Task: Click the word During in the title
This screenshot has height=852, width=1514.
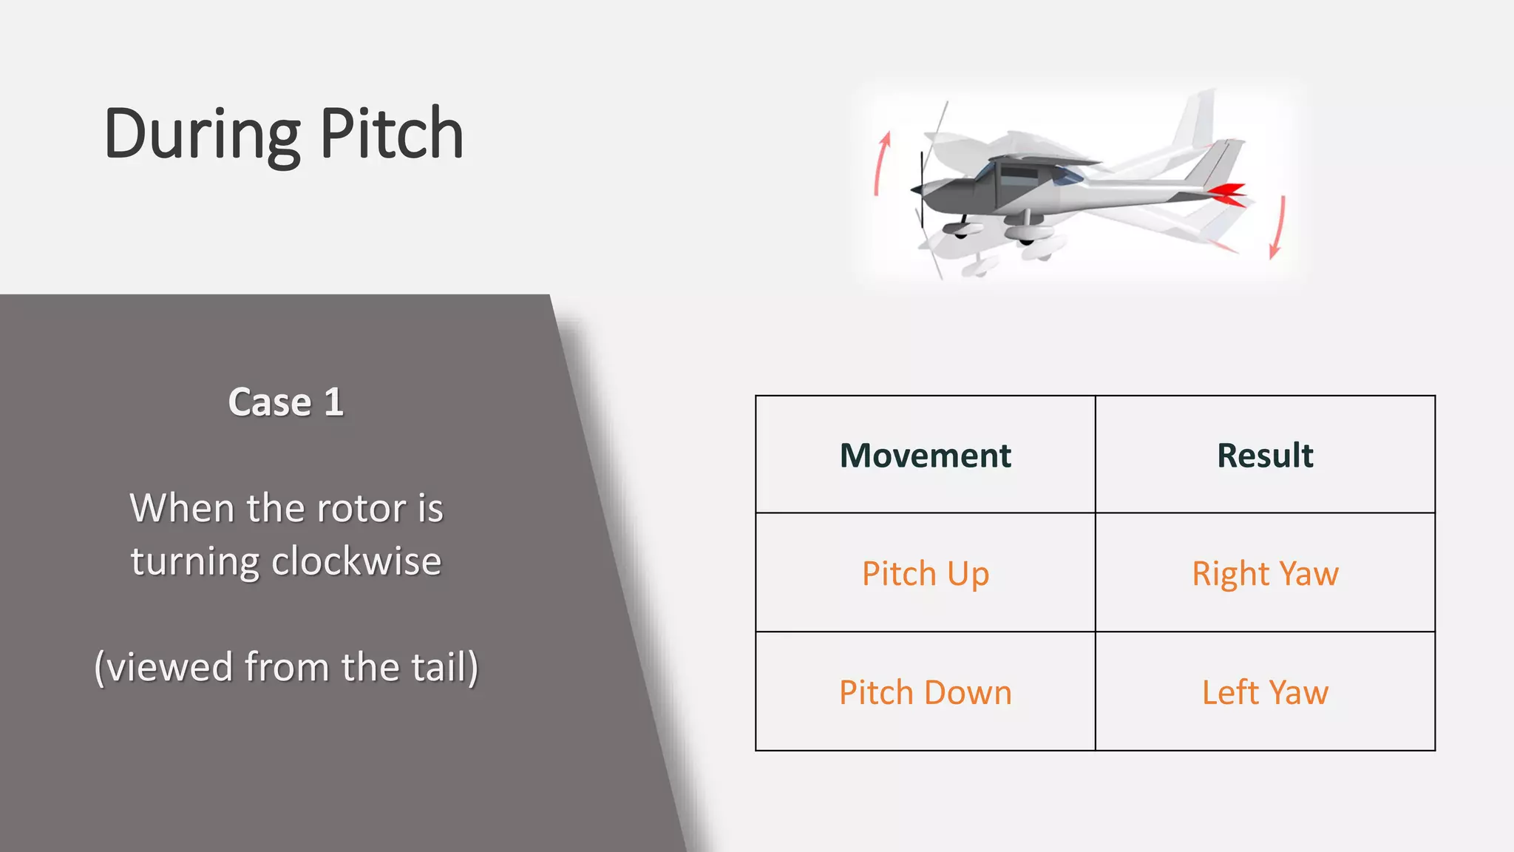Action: pos(201,135)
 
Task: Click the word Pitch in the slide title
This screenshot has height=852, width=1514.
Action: pos(392,135)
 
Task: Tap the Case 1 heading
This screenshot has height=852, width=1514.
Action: pos(286,402)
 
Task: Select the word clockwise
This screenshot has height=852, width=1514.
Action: pos(356,561)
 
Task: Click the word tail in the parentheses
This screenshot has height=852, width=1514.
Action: pos(439,667)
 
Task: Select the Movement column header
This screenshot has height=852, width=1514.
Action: pos(925,455)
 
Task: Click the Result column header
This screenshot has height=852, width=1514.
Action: pos(1265,455)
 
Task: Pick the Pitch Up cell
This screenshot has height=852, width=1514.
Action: pos(925,574)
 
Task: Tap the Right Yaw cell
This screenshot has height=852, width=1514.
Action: pos(1265,574)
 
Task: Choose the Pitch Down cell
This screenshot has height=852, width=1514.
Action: pos(925,693)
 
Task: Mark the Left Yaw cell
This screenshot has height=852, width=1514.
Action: pos(1265,693)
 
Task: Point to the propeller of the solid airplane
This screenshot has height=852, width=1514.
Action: pos(921,189)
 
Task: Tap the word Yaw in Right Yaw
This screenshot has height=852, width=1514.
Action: pos(1308,574)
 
